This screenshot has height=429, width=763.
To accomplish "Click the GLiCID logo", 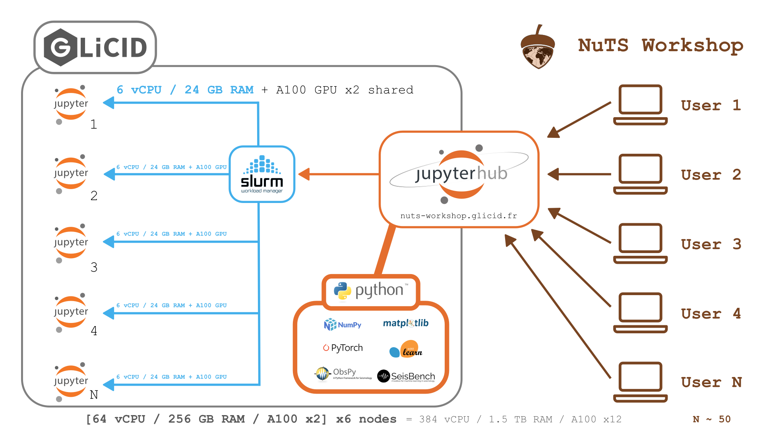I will [95, 47].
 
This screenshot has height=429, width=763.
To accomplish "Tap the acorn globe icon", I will [538, 48].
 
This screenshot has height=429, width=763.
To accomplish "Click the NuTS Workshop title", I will [660, 45].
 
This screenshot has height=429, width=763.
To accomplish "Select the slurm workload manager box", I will [262, 174].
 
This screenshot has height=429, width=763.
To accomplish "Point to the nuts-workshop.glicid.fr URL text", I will [459, 216].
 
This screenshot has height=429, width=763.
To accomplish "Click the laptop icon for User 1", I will [640, 105].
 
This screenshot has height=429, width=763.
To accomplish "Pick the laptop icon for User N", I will [640, 382].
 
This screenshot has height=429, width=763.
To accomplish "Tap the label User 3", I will [711, 244].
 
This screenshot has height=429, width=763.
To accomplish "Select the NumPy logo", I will [343, 325].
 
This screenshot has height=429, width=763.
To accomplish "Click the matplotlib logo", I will [406, 323].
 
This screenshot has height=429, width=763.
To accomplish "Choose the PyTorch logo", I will [343, 348].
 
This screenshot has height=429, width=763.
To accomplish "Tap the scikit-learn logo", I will [406, 350].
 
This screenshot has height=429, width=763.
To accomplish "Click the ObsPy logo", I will [343, 373].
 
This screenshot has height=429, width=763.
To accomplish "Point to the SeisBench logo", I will [406, 376].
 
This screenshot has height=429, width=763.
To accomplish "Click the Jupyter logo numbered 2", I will [71, 174].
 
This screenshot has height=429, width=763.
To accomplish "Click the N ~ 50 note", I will [711, 419].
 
